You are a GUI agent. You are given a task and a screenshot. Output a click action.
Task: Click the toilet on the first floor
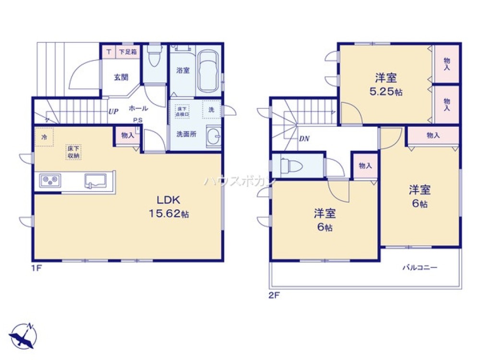[155, 58]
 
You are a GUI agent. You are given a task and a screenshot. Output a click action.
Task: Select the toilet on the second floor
[290, 166]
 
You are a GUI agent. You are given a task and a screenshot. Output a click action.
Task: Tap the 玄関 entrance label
[120, 76]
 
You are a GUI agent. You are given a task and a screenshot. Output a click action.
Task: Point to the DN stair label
[304, 139]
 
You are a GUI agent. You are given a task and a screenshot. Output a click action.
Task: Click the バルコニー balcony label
[420, 267]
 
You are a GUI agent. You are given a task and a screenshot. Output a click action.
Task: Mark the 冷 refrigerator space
[44, 137]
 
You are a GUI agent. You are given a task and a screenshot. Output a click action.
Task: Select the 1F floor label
[37, 267]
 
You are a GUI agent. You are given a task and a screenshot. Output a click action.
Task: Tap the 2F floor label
[273, 296]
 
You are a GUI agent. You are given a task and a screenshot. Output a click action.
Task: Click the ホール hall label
[138, 108]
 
